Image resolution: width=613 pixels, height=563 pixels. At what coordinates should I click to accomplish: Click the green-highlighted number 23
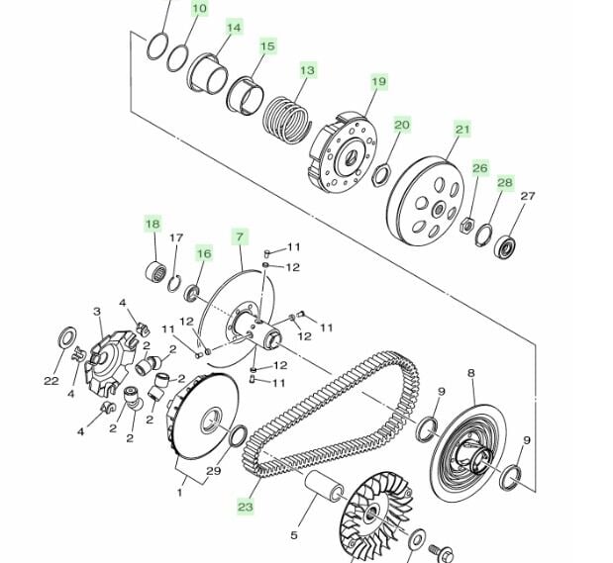pyautogui.click(x=246, y=507)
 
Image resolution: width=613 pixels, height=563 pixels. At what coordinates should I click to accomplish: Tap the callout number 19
pyautogui.click(x=378, y=82)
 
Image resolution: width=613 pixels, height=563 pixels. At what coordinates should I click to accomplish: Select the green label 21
pyautogui.click(x=462, y=129)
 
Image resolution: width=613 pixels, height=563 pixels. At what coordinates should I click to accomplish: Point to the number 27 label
pyautogui.click(x=528, y=196)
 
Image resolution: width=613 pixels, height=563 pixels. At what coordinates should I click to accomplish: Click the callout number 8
pyautogui.click(x=471, y=373)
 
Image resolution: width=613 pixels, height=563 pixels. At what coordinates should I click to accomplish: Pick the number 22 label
pyautogui.click(x=51, y=381)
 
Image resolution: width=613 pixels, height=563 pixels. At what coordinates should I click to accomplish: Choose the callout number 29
pyautogui.click(x=214, y=471)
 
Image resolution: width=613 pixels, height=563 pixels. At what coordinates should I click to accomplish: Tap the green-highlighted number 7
pyautogui.click(x=240, y=236)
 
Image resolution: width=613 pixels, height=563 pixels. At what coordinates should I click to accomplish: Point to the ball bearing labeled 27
pyautogui.click(x=505, y=246)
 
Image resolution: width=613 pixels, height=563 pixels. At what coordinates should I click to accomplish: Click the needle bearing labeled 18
pyautogui.click(x=156, y=272)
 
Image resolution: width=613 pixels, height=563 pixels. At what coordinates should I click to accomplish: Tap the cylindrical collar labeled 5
pyautogui.click(x=324, y=486)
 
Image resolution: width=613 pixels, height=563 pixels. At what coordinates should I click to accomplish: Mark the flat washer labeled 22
pyautogui.click(x=67, y=337)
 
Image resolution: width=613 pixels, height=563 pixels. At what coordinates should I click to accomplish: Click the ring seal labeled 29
pyautogui.click(x=238, y=436)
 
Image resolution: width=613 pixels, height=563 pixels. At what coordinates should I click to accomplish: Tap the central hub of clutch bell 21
pyautogui.click(x=439, y=211)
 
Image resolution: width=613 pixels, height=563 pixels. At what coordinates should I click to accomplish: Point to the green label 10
pyautogui.click(x=200, y=8)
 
